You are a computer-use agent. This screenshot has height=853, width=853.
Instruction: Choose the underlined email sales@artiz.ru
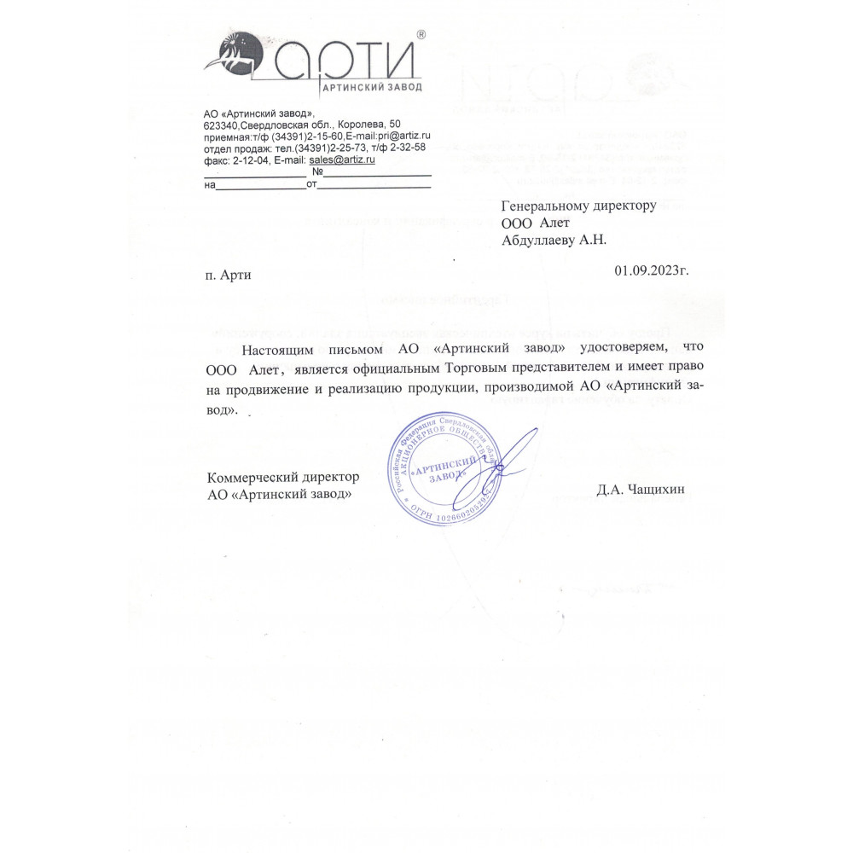point(342,159)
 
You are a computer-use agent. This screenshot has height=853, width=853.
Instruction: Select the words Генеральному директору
point(578,206)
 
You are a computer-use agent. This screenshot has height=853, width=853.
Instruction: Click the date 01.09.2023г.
point(651,270)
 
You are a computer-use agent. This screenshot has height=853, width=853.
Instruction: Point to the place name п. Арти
point(229,275)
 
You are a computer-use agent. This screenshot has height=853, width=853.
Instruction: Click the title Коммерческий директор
point(282,477)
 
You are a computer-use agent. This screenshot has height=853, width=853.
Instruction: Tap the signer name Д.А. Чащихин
point(641,489)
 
